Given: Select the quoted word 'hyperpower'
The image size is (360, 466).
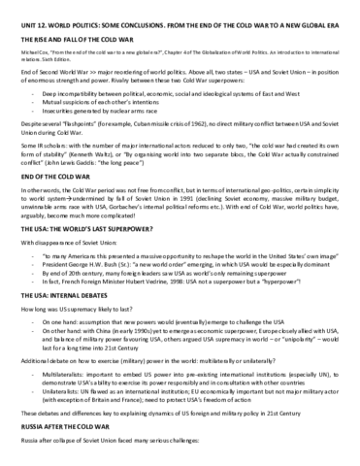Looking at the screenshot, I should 292,311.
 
